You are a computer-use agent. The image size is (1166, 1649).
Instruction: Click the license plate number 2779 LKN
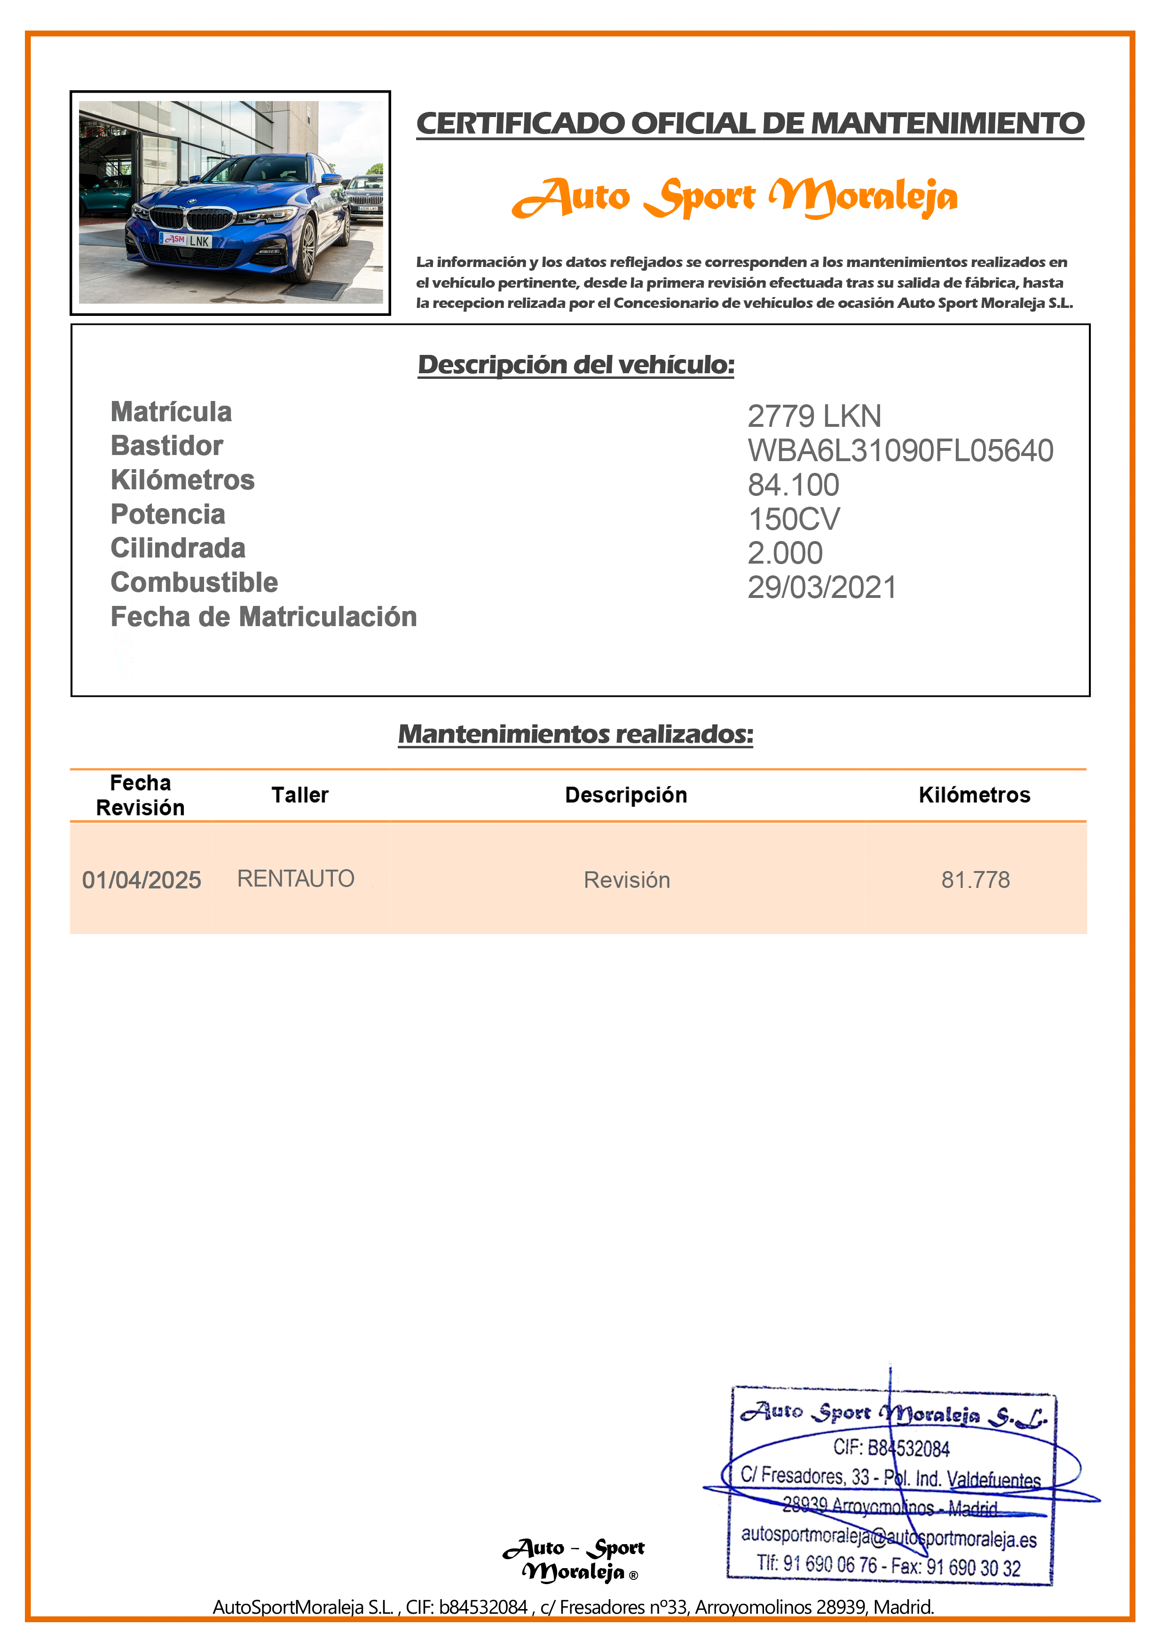813,416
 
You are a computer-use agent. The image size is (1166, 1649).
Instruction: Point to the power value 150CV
793,519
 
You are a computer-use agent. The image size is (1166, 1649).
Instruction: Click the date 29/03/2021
821,588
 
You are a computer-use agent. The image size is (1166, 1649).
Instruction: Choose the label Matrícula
171,412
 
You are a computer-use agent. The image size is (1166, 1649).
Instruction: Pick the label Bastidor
167,446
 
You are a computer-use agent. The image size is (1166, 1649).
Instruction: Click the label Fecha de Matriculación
264,617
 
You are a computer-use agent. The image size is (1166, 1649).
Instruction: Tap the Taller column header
299,795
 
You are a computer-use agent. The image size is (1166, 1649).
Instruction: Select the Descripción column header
626,795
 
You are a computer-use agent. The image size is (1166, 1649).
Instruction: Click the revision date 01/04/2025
142,880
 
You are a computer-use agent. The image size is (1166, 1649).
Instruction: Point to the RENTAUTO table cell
295,879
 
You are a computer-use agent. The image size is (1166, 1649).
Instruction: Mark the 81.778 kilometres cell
975,880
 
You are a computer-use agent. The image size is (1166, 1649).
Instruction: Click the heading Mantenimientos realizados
575,734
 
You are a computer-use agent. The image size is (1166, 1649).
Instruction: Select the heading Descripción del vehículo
575,365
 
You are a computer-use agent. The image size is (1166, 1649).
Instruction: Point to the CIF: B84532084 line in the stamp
891,1448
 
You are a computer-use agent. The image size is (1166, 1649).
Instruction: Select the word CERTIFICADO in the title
521,124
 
